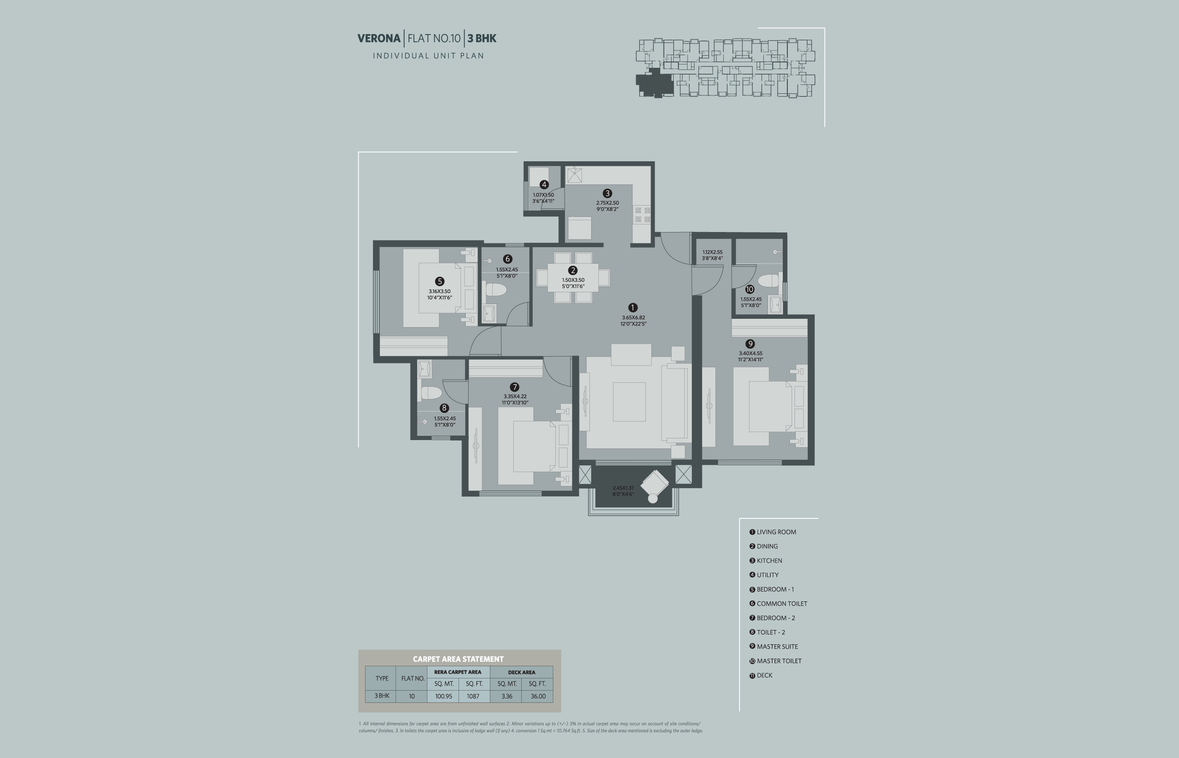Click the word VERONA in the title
[379, 38]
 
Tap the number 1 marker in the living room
[633, 308]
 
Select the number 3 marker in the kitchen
[607, 193]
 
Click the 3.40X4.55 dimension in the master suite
[750, 353]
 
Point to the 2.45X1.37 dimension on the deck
[623, 488]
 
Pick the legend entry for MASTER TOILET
[776, 661]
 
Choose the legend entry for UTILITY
[764, 575]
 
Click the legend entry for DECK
[761, 675]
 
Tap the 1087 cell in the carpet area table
[473, 696]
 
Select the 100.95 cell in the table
[443, 696]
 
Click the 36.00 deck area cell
[538, 696]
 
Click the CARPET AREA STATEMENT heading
[458, 659]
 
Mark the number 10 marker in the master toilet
[750, 289]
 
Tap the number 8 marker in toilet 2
[444, 408]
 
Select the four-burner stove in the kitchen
[643, 215]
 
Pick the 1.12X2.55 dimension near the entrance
[712, 252]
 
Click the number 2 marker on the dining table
[573, 270]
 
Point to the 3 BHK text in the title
[482, 38]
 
